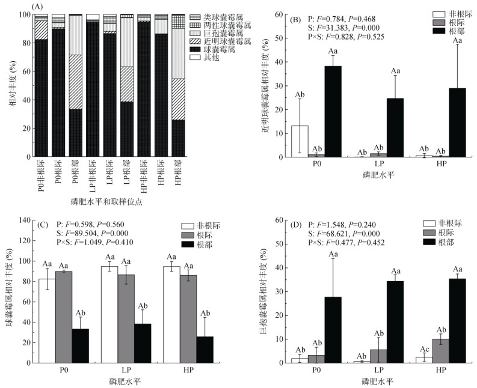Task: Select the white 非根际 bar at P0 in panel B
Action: (299, 142)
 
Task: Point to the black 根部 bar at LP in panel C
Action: (143, 343)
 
